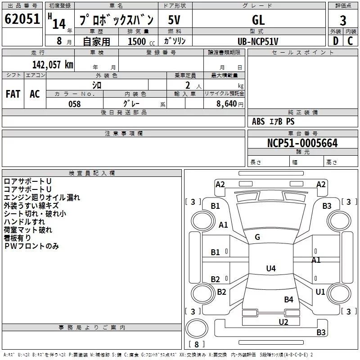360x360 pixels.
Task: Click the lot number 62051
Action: point(22,19)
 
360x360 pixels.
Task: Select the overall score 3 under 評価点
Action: point(343,20)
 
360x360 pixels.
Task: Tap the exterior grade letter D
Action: point(336,41)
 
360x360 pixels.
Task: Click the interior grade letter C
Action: point(350,41)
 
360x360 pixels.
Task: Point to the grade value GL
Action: point(258,20)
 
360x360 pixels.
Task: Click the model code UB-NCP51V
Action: point(258,41)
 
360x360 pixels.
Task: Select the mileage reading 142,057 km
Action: point(53,65)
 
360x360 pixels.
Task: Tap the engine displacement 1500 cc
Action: point(141,41)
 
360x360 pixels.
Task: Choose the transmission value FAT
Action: point(13,94)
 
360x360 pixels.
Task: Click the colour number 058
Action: point(75,104)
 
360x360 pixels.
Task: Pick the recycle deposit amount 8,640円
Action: point(230,104)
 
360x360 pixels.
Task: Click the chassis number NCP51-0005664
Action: point(302,143)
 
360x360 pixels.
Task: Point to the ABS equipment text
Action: point(258,121)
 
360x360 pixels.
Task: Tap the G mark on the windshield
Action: point(257,237)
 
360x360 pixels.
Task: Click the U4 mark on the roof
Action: point(271,268)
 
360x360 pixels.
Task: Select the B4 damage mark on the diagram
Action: point(288,299)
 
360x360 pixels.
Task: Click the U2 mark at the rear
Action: point(283,322)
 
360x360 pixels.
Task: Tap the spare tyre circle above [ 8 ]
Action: point(197,328)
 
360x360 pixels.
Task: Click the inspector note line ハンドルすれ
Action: point(24,222)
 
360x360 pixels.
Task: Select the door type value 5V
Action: point(174,20)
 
